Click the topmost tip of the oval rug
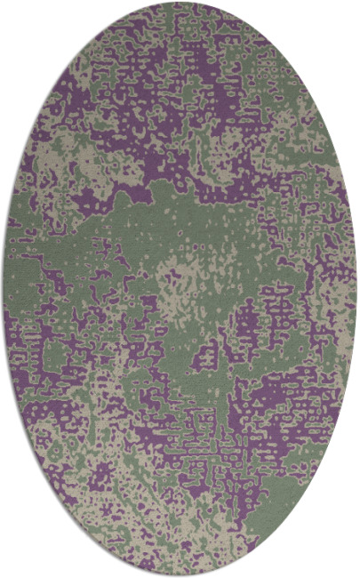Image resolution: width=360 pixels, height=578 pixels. (180, 3)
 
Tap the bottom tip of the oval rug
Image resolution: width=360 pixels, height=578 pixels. (180, 575)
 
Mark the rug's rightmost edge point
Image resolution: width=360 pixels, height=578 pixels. (356, 289)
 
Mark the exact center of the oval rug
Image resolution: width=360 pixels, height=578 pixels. (180, 289)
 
